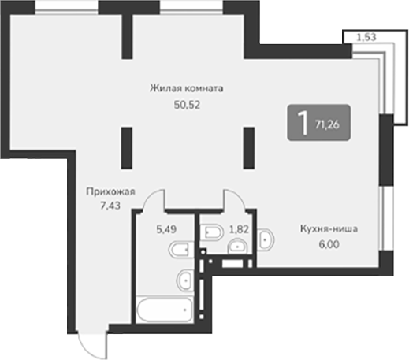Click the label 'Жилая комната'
[187, 88]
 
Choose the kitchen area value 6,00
[329, 244]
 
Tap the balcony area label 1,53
[364, 36]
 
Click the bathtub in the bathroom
[163, 311]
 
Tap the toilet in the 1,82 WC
[212, 232]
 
